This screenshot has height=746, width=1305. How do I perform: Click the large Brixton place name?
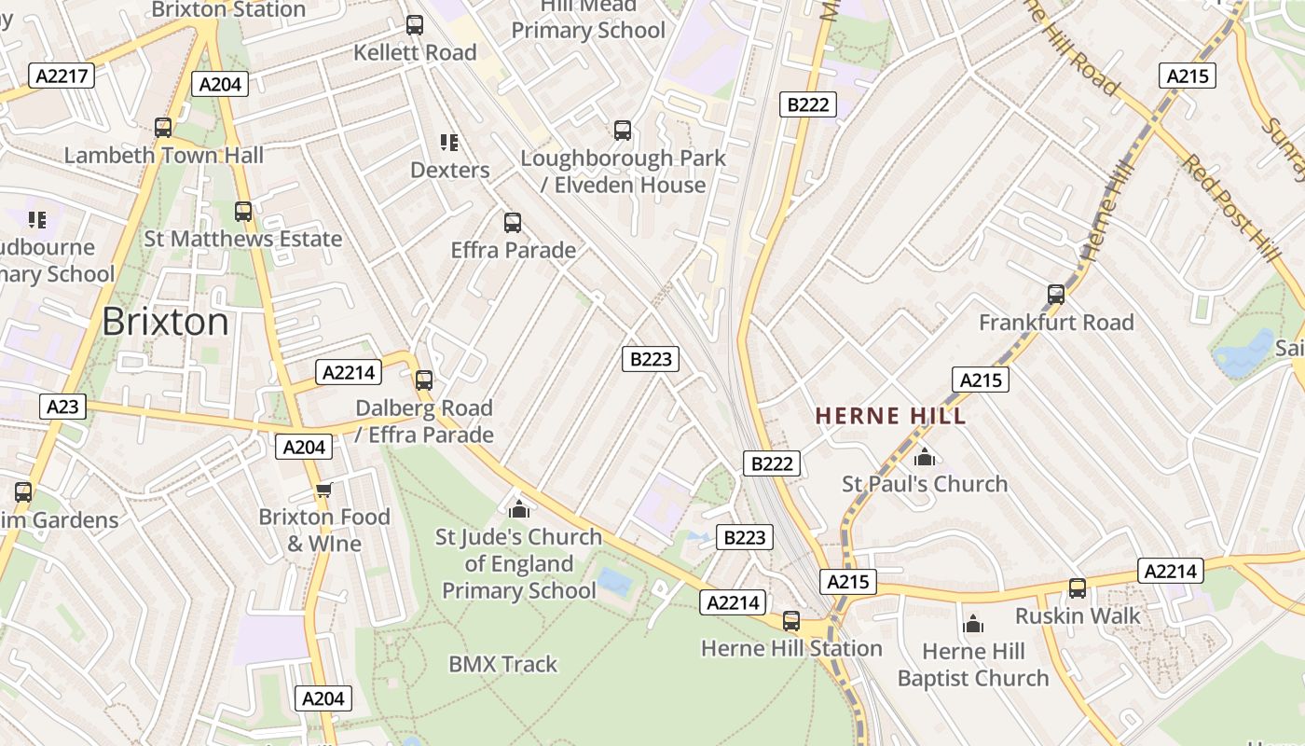click(x=165, y=322)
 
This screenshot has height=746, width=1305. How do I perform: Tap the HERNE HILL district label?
click(x=891, y=416)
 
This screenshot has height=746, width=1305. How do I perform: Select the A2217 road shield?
click(x=62, y=76)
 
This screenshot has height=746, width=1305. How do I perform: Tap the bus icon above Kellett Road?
click(x=415, y=25)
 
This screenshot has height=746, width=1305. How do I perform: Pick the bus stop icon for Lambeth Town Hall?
click(x=163, y=128)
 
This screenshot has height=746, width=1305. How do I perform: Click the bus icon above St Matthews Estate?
click(x=243, y=212)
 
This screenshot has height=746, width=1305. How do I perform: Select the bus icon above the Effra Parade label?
click(x=513, y=223)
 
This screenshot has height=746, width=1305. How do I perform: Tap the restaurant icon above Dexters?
click(x=449, y=143)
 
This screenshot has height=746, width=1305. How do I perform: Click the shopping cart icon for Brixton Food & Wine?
click(x=323, y=490)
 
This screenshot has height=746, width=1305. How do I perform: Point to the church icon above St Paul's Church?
click(x=925, y=457)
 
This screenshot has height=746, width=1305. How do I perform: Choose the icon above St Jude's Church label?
click(x=519, y=509)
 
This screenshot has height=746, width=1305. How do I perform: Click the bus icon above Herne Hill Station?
click(x=791, y=620)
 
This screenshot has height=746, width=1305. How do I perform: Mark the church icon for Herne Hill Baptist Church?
click(x=973, y=624)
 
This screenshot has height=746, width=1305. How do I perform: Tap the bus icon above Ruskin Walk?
click(x=1078, y=588)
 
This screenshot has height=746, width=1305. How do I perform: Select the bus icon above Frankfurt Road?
click(x=1056, y=295)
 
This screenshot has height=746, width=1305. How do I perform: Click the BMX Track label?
click(x=502, y=664)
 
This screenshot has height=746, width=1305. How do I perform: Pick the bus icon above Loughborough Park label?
click(x=623, y=131)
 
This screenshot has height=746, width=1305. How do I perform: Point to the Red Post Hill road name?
click(x=1229, y=207)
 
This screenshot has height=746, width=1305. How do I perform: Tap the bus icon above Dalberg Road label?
click(x=424, y=380)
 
